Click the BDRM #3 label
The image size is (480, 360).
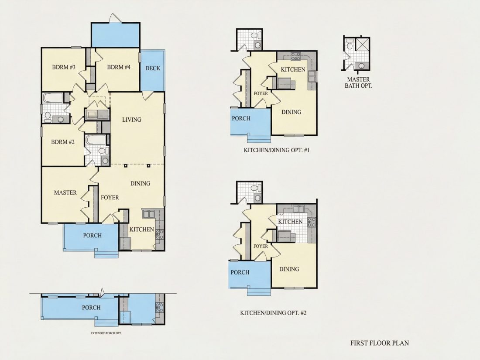[64, 67]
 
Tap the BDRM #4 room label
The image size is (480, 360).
[119, 67]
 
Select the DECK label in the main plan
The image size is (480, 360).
[153, 68]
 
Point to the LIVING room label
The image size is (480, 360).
[132, 120]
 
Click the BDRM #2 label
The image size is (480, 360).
[63, 142]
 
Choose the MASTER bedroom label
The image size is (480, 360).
[65, 192]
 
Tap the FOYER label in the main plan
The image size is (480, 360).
[110, 198]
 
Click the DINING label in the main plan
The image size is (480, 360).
[140, 183]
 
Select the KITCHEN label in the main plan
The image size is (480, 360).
[141, 229]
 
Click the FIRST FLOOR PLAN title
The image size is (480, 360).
[380, 343]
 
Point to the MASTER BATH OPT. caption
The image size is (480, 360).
[358, 82]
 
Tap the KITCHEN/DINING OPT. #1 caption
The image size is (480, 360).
[277, 150]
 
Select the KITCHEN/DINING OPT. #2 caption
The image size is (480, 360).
[273, 313]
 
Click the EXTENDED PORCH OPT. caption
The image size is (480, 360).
[106, 333]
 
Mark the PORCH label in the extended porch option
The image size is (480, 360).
[91, 308]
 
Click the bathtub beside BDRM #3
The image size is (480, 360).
[53, 98]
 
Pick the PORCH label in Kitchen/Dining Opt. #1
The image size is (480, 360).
[241, 118]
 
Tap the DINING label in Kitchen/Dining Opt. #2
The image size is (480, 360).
[289, 269]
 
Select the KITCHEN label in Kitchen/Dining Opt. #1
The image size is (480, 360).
[293, 69]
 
